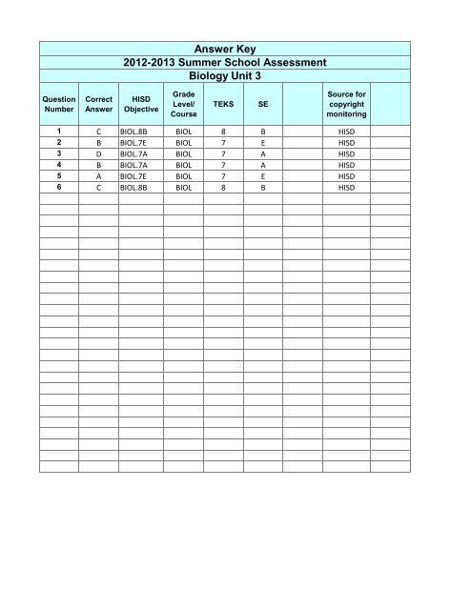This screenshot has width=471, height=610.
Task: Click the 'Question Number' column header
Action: point(58,105)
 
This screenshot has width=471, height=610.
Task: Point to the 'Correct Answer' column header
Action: point(99,105)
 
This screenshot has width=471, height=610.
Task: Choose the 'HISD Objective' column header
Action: point(141,105)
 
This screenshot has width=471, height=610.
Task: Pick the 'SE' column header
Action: point(263,105)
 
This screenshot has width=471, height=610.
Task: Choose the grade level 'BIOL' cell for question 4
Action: point(182,164)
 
